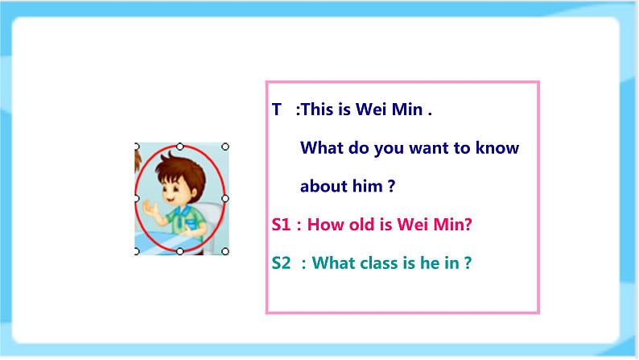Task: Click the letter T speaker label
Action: coord(277,110)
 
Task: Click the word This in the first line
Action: coord(316,110)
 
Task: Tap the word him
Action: coord(367,186)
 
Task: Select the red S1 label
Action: coord(281,225)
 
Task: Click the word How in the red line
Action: coord(324,225)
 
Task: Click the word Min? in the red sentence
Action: coord(453,225)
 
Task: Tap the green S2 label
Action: coord(282,263)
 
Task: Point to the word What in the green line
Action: coord(332,263)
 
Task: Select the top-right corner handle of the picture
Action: coord(225,147)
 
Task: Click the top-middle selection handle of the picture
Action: coord(180,147)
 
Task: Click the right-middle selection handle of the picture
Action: coord(225,198)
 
